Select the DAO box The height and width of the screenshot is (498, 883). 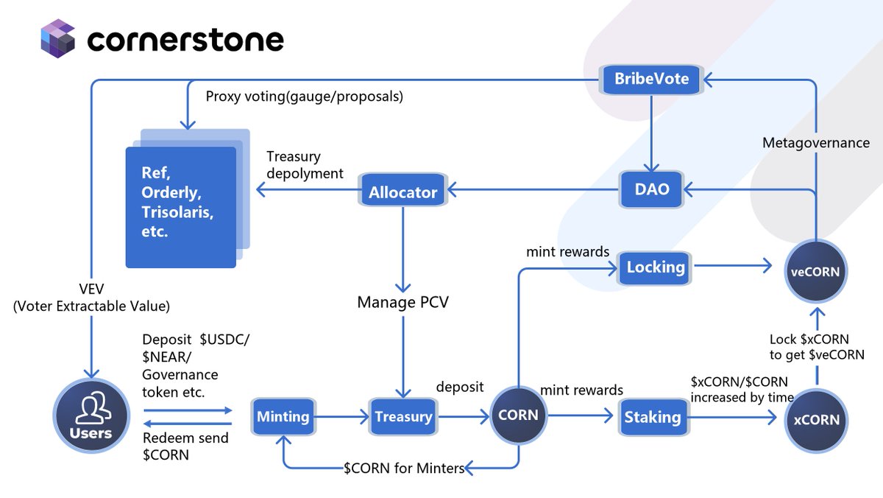(x=652, y=189)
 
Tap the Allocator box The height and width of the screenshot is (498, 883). (x=403, y=192)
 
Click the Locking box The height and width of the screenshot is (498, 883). (x=656, y=267)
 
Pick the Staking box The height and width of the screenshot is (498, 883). (x=652, y=417)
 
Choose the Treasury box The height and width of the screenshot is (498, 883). (x=403, y=417)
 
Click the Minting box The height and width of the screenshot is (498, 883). (x=283, y=417)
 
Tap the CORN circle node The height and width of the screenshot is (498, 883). (x=518, y=415)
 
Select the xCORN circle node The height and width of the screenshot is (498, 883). (x=816, y=419)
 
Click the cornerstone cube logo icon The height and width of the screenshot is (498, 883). (x=59, y=39)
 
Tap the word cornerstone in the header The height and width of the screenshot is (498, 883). (x=185, y=41)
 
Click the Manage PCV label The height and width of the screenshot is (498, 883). (x=403, y=302)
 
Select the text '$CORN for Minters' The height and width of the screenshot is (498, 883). (x=404, y=469)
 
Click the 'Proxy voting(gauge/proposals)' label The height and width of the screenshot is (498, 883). (x=304, y=97)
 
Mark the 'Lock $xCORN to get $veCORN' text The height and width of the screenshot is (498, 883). (x=816, y=347)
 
